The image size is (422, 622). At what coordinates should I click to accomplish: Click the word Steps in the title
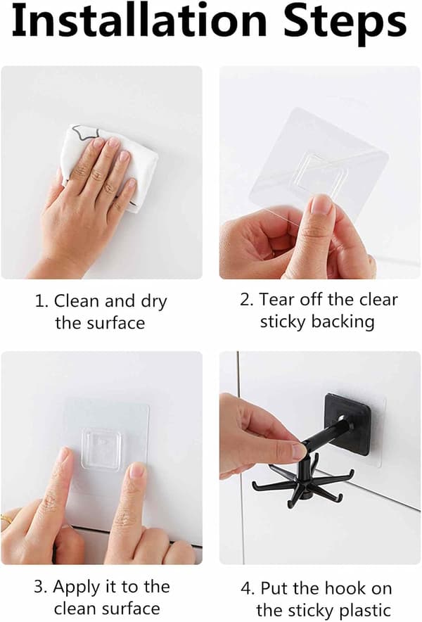[x=345, y=24]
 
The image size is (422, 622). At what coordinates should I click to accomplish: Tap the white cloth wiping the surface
[x=108, y=167]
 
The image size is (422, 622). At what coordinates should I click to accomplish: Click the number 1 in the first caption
[x=41, y=301]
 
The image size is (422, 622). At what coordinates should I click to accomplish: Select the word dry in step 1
[x=154, y=303]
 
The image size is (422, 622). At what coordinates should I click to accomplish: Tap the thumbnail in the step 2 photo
[x=321, y=205]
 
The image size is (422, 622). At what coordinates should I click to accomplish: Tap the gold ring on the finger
[x=6, y=519]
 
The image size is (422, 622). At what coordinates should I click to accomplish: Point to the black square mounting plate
[x=348, y=424]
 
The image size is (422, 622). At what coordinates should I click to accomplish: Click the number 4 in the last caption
[x=248, y=589]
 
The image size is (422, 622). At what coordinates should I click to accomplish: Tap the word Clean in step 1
[x=77, y=301]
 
